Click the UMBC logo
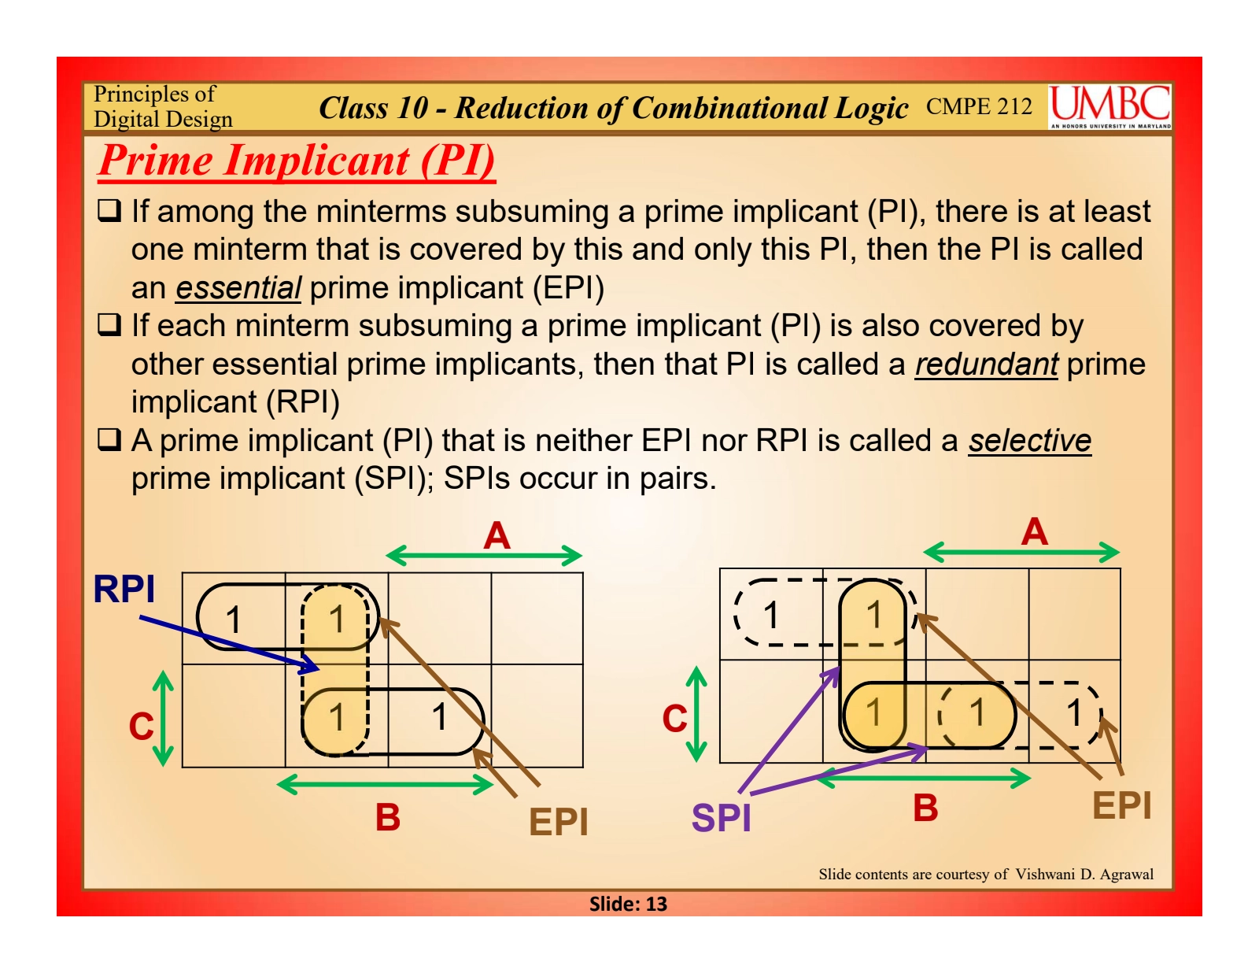[x=1109, y=106]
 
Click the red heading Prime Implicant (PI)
[x=297, y=161]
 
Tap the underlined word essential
[x=238, y=288]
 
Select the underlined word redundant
[x=986, y=364]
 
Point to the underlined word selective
[x=1029, y=441]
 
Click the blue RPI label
[x=124, y=589]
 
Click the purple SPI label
[x=721, y=817]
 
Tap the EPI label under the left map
[x=558, y=822]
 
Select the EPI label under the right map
[x=1121, y=805]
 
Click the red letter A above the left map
[x=497, y=536]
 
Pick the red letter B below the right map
[x=925, y=808]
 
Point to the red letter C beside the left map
[x=141, y=726]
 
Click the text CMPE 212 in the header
[x=979, y=106]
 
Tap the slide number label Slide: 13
[x=628, y=904]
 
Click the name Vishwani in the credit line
[x=1044, y=874]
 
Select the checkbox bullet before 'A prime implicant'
[x=109, y=439]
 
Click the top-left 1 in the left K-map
[x=233, y=620]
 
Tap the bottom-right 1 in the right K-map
[x=1074, y=713]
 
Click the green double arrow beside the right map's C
[x=696, y=714]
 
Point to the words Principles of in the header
[x=154, y=94]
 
